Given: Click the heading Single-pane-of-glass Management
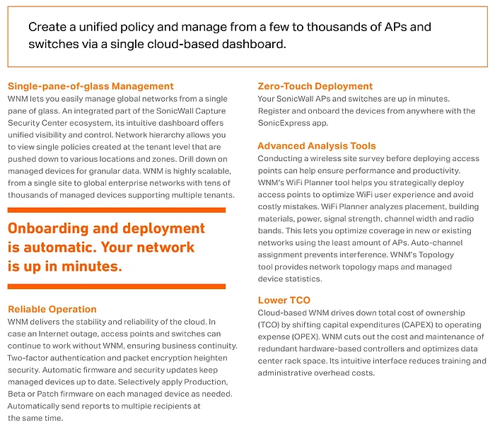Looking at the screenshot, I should coord(91,86).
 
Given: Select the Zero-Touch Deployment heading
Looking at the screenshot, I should coord(315,86).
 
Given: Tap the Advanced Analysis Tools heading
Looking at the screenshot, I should coord(317,146).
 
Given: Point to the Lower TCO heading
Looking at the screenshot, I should coord(284,300).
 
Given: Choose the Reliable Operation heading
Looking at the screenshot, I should coord(52,309).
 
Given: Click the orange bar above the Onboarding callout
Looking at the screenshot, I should coord(117,210).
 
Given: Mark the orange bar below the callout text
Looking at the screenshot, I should coord(117,286).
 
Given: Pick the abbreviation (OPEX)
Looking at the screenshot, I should coord(296,336).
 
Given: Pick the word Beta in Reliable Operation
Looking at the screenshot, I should coord(19,394).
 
